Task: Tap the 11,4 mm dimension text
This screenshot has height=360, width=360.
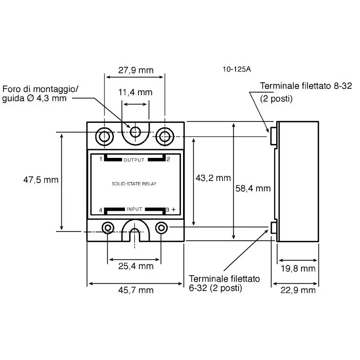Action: (136, 93)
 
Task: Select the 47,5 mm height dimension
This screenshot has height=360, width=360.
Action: (41, 181)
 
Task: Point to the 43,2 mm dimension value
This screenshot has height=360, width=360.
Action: (213, 178)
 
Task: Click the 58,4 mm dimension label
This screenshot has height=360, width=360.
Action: (253, 188)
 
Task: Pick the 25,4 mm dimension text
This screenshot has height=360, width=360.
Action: (136, 266)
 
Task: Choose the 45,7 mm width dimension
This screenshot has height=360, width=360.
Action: (136, 290)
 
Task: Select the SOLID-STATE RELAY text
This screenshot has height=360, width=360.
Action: (134, 184)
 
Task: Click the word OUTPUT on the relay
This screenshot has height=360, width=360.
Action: (134, 160)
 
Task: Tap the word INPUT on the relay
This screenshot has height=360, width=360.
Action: (134, 210)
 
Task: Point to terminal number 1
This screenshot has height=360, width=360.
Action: (101, 159)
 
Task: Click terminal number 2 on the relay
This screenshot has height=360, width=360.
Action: (168, 159)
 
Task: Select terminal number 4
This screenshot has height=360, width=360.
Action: (101, 210)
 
